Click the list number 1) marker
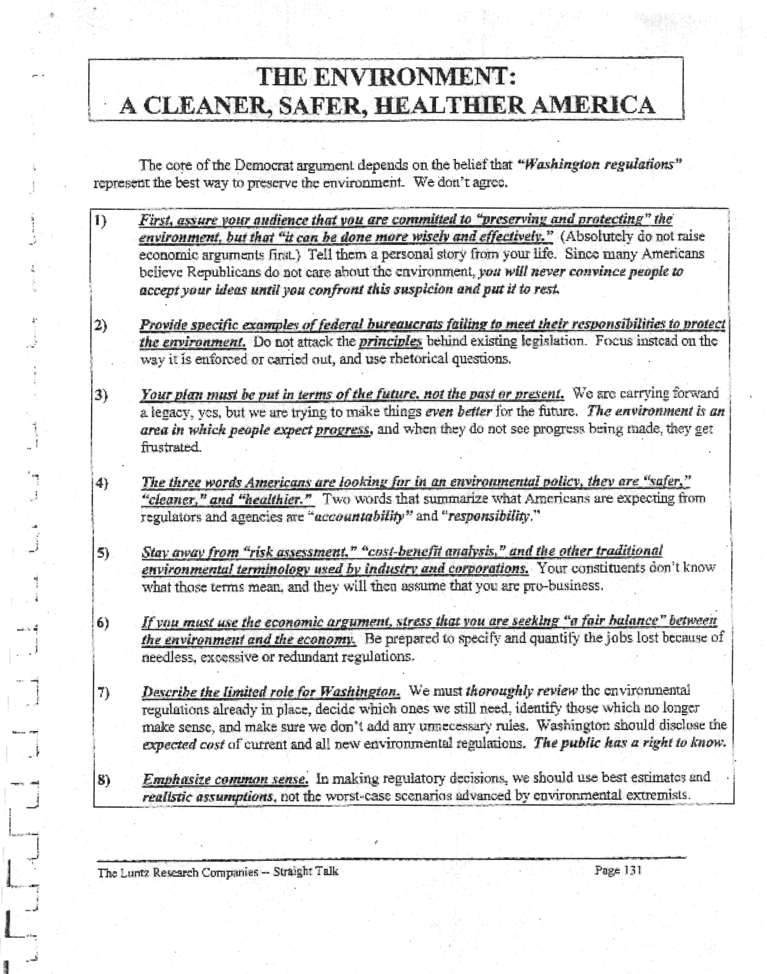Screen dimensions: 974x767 pos(100,221)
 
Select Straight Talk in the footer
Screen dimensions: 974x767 pos(305,872)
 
